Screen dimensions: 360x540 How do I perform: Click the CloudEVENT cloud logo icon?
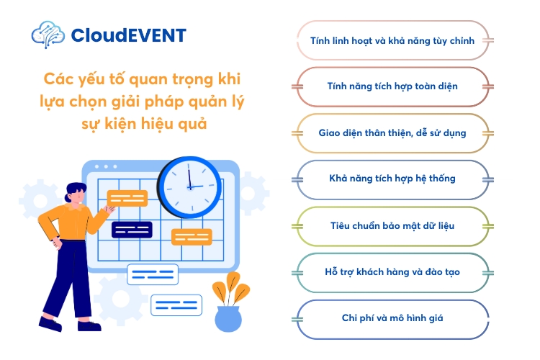[48, 34]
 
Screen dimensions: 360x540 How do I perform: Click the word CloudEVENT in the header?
[129, 35]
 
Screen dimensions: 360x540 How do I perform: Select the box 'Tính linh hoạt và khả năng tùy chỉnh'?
[392, 40]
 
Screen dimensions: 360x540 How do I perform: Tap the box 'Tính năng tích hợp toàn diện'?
[392, 86]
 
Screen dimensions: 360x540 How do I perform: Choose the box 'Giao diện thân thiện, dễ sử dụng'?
[392, 132]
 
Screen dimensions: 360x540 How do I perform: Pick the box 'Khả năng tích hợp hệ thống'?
[392, 179]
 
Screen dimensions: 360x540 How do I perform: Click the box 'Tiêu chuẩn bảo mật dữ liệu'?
[392, 225]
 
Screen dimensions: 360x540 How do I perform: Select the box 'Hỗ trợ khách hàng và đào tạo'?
[392, 272]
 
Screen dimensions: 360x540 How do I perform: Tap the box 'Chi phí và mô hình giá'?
[392, 318]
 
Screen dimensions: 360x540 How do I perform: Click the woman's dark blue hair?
[74, 192]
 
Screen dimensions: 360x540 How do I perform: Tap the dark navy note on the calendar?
[131, 229]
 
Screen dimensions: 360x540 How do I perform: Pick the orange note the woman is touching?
[127, 198]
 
